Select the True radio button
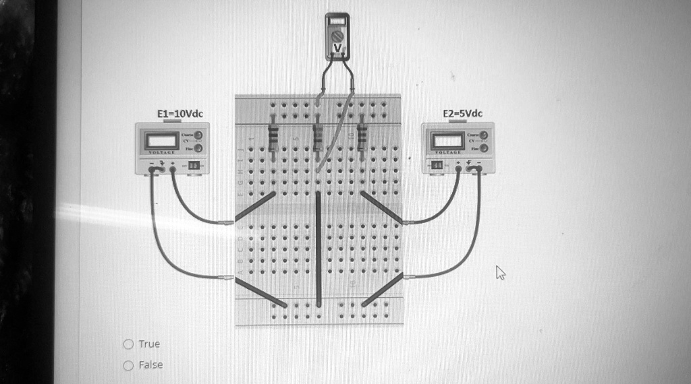click(128, 344)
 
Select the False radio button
click(128, 365)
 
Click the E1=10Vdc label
click(179, 114)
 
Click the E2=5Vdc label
click(462, 113)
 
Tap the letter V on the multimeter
click(337, 47)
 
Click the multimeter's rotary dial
click(337, 33)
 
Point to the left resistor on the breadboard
click(273, 138)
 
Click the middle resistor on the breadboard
click(317, 138)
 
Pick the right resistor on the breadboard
click(362, 138)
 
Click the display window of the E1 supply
click(162, 141)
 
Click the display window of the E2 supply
click(447, 141)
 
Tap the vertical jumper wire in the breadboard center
click(319, 249)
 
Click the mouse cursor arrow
click(499, 271)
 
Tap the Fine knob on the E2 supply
click(483, 148)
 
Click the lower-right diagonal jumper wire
click(383, 290)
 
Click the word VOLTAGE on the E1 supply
click(162, 152)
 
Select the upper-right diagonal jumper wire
click(382, 207)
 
